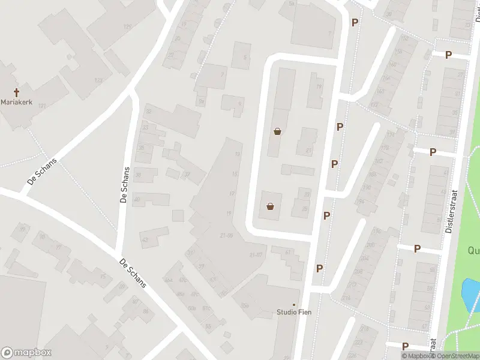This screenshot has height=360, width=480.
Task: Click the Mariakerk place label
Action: (x=16, y=102)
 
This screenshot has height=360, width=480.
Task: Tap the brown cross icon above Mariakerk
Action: (x=16, y=92)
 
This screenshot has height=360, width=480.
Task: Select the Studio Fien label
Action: (x=294, y=312)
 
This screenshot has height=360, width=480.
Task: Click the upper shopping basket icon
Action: (x=277, y=131)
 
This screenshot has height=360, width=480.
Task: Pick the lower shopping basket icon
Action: (x=271, y=207)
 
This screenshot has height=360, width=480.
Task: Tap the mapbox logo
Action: (x=26, y=353)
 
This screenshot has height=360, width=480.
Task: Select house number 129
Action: (x=127, y=27)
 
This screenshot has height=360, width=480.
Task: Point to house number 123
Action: (x=42, y=106)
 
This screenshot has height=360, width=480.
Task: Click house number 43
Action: (x=145, y=239)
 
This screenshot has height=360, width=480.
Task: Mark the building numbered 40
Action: (x=137, y=199)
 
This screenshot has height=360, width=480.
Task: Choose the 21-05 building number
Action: (x=226, y=235)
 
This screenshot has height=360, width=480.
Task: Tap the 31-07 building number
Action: (x=256, y=255)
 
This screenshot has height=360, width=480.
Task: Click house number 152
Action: (x=405, y=38)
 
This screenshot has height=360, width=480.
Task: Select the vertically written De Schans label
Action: (x=125, y=185)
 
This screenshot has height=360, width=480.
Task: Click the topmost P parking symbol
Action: (x=355, y=22)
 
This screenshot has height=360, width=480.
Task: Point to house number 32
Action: (x=148, y=112)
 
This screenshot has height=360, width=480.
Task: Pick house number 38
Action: (x=137, y=175)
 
